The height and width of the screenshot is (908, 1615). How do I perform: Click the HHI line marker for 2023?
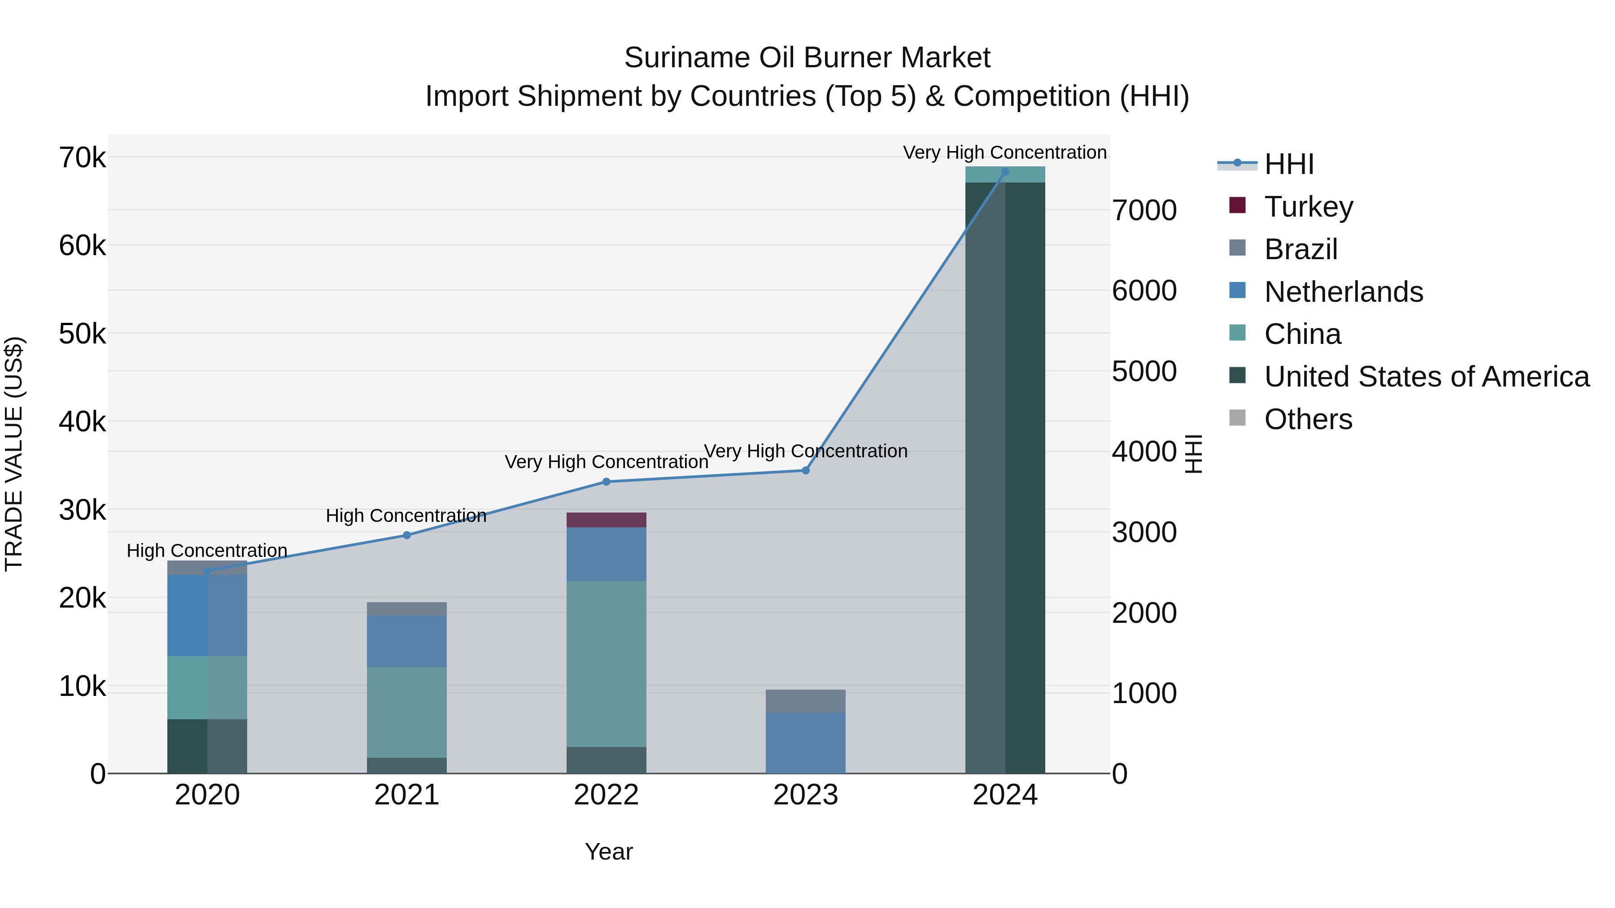(806, 471)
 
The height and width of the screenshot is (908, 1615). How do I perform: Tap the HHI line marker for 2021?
(407, 535)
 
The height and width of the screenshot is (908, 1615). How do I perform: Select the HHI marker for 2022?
(606, 482)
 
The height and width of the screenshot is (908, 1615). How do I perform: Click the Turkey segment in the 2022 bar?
(606, 520)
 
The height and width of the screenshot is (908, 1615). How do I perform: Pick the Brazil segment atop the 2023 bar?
(806, 701)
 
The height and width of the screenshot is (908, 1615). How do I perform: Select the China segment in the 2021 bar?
(407, 712)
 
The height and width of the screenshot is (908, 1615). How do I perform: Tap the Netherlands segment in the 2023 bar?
(806, 743)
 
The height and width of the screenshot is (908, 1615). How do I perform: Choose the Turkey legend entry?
(1309, 207)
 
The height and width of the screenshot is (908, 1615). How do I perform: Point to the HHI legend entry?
(1288, 164)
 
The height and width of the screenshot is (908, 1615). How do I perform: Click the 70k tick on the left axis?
(83, 157)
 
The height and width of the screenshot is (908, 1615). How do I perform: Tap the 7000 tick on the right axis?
(1144, 211)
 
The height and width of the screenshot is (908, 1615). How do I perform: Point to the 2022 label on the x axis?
(606, 795)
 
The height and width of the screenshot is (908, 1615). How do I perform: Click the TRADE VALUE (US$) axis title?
(14, 454)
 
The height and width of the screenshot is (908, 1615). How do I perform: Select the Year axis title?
(609, 852)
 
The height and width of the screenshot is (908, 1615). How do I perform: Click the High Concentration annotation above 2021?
(406, 516)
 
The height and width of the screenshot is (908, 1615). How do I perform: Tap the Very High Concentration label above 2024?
(1004, 152)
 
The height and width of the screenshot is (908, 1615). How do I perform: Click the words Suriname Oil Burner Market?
(807, 58)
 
